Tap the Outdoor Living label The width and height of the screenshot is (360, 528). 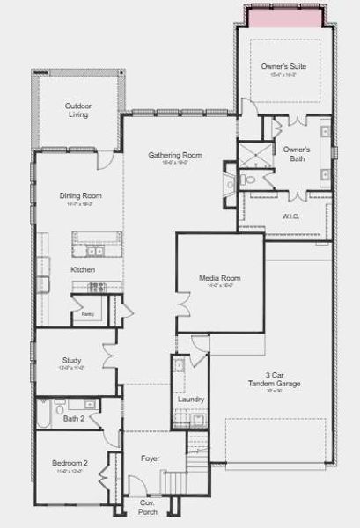(77, 110)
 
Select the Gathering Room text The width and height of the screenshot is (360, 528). (175, 156)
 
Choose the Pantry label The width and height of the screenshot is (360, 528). (88, 314)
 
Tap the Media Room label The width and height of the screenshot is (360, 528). (220, 279)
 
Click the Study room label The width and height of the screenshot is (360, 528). (72, 360)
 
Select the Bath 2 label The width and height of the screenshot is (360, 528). (73, 418)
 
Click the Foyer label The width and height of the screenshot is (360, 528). (151, 458)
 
